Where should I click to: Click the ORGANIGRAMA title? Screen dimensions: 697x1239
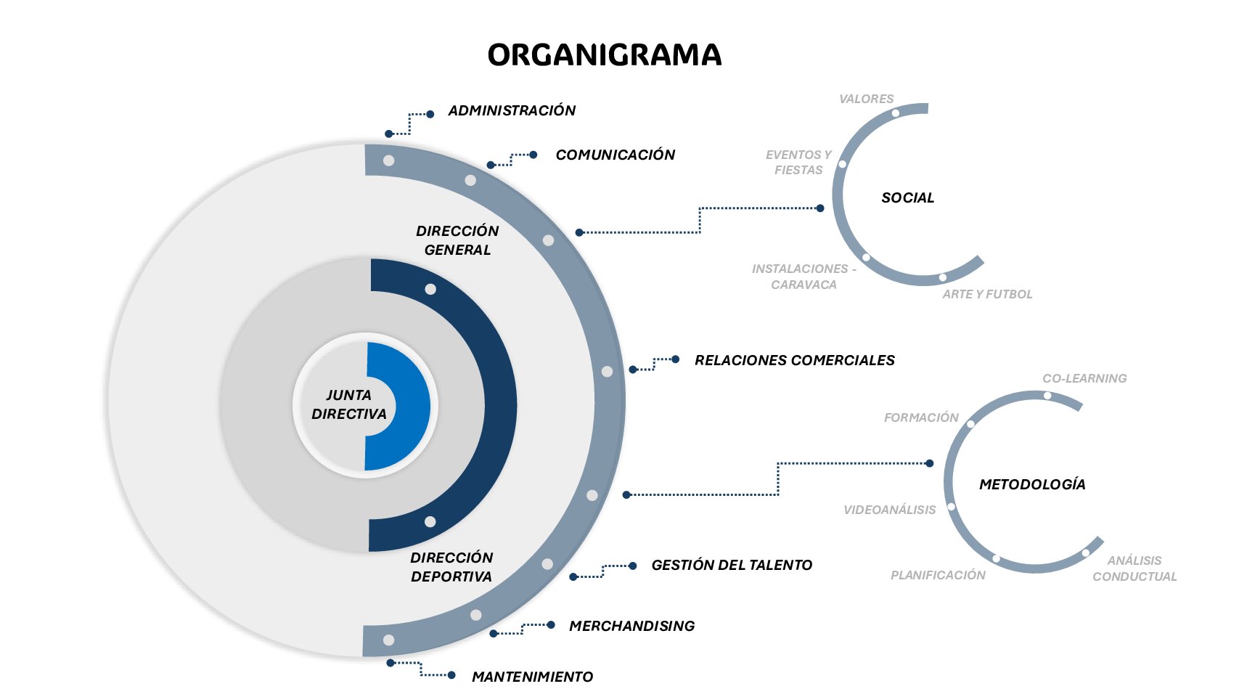tap(604, 55)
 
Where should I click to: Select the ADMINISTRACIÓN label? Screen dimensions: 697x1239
tap(512, 110)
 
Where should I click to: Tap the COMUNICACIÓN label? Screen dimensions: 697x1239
tap(615, 155)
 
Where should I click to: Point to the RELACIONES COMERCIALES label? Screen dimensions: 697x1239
tap(794, 360)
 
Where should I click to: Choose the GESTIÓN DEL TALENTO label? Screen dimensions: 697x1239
tap(732, 565)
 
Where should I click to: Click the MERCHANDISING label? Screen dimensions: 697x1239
tap(631, 626)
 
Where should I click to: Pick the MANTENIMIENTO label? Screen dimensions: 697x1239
tap(532, 677)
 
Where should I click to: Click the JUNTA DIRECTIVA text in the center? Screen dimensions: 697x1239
tap(348, 404)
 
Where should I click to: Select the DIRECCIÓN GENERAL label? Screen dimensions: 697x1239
tap(457, 240)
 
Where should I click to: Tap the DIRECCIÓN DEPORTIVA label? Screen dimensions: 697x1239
tap(451, 567)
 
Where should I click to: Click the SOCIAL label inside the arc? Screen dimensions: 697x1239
tap(907, 197)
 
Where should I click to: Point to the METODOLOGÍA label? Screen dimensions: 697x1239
tap(1032, 484)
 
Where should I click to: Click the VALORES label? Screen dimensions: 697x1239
tap(866, 99)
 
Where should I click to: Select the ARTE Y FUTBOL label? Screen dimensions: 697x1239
tap(987, 294)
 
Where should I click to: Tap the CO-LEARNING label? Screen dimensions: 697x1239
tap(1084, 378)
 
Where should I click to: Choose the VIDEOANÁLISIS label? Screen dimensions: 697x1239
tap(889, 510)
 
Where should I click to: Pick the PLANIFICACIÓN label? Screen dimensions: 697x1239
tap(938, 575)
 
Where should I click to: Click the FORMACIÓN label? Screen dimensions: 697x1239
tap(921, 417)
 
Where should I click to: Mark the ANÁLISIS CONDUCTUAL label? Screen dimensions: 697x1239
tap(1134, 568)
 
